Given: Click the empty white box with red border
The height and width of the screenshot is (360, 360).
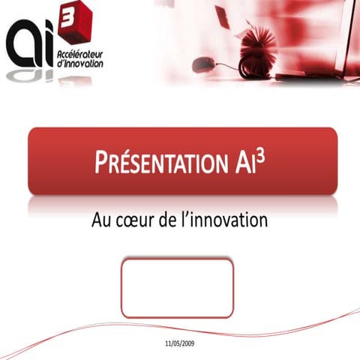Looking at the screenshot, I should pos(177,289).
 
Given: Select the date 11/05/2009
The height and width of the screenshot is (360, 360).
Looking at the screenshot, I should pos(179,343).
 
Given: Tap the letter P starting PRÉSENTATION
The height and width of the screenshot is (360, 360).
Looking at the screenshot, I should pos(101,162).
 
